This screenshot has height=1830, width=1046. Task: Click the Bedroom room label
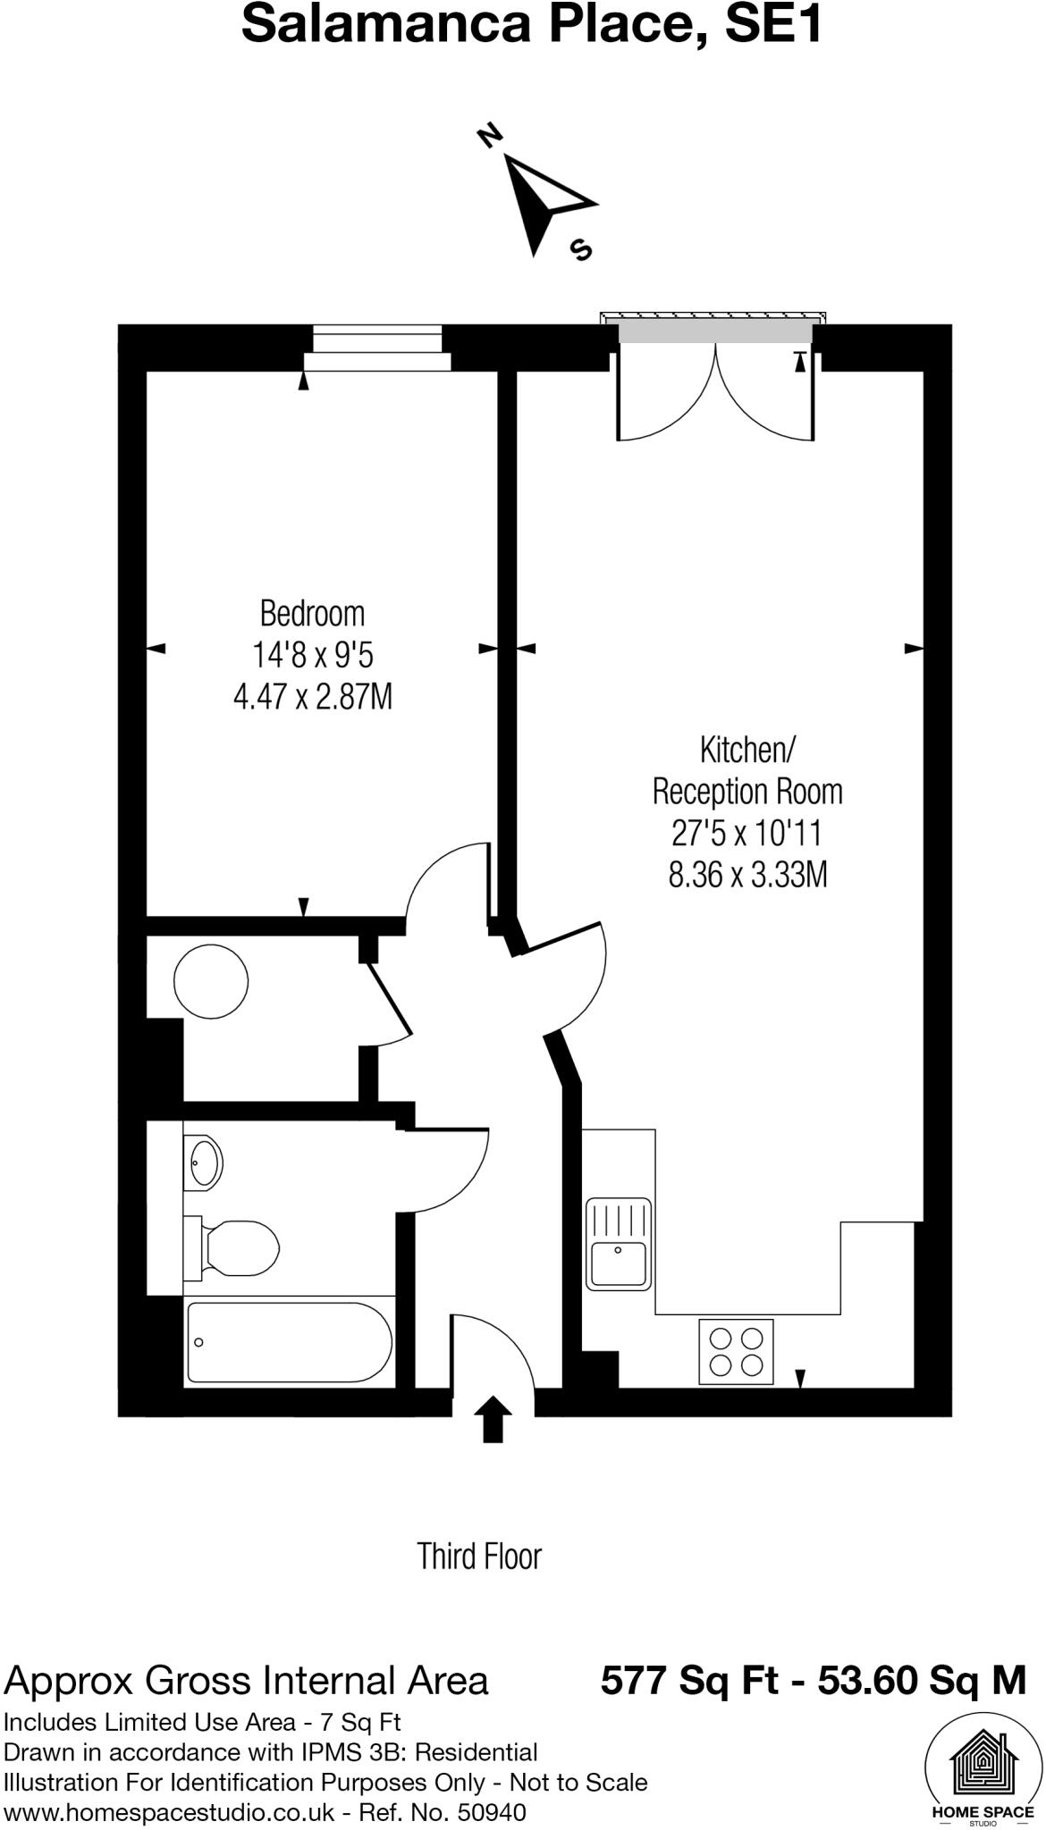[312, 614]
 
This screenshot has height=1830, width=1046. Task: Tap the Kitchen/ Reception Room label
[747, 770]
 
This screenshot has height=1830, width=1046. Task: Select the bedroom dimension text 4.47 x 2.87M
[312, 696]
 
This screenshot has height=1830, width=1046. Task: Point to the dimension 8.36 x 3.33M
[747, 875]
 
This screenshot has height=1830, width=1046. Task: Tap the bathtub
[288, 1343]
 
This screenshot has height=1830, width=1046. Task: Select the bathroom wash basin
[203, 1163]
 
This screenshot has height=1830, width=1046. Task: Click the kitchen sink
[618, 1244]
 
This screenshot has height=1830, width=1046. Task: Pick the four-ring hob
[736, 1352]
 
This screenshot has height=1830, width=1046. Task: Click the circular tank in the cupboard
[211, 981]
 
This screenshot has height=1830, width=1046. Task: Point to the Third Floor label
[479, 1557]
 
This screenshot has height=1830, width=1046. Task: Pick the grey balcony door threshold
[715, 332]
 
